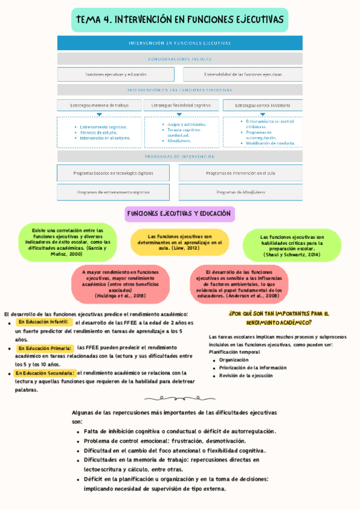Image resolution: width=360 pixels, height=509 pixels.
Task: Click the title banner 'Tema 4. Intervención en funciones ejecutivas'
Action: coord(179,20)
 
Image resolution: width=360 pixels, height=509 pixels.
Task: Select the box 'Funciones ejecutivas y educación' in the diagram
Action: coord(116,74)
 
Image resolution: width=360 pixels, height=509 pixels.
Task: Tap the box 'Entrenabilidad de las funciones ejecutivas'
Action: coord(242,74)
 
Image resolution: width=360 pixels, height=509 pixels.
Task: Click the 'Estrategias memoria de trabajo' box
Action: coord(100,105)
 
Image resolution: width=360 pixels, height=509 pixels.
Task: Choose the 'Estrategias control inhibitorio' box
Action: coord(262,105)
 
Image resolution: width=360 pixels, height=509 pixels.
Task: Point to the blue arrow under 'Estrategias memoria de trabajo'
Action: coord(100,114)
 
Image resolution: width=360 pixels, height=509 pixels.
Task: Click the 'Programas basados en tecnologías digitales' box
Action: coord(113,173)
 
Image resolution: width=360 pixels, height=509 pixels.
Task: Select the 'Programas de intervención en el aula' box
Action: coord(240,173)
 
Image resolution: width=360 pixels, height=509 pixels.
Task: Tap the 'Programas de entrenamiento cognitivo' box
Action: coord(113,192)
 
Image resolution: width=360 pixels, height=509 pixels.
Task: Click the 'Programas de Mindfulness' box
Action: coord(240,192)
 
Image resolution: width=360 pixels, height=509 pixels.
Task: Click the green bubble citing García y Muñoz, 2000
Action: coord(68,242)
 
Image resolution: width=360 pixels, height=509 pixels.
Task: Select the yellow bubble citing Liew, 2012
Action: coord(180,242)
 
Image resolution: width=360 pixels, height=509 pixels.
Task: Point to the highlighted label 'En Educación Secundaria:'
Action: coord(46,373)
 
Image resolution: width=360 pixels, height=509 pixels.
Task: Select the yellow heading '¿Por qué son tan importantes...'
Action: coord(279,318)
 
